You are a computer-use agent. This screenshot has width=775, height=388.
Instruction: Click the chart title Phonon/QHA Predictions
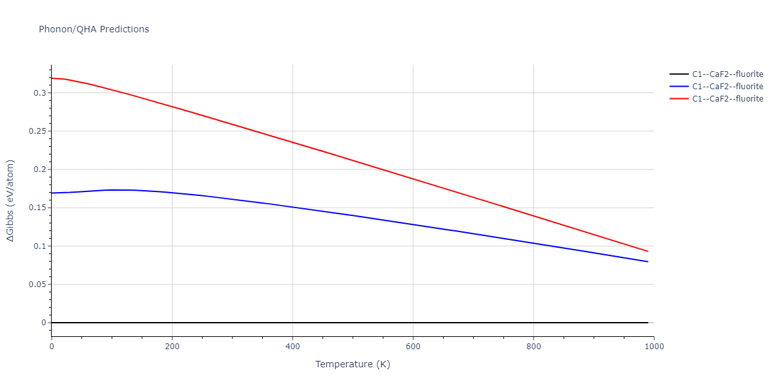click(x=94, y=29)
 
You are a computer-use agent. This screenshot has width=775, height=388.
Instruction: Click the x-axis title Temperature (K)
click(x=353, y=364)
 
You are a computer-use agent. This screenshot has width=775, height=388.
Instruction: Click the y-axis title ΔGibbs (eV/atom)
click(x=11, y=200)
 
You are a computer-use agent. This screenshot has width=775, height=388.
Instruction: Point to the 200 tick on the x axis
click(x=172, y=346)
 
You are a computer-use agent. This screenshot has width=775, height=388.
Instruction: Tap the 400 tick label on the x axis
click(x=293, y=346)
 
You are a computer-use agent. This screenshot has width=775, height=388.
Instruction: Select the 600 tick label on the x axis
click(x=413, y=346)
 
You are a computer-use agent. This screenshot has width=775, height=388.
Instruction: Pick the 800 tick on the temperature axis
click(x=533, y=346)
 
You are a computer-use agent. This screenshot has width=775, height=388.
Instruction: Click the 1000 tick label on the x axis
click(x=654, y=346)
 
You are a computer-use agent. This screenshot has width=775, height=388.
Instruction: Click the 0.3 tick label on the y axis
click(x=39, y=93)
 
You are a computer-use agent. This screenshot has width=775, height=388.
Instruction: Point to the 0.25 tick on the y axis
click(x=37, y=131)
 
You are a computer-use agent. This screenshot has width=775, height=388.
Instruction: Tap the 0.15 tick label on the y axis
click(x=37, y=208)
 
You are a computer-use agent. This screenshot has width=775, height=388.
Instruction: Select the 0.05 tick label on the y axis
click(x=37, y=285)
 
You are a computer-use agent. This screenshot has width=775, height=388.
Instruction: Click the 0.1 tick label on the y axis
click(x=39, y=246)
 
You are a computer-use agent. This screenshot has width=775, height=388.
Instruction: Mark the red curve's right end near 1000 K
click(x=647, y=252)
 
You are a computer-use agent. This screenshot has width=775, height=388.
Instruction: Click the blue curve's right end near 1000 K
click(x=647, y=262)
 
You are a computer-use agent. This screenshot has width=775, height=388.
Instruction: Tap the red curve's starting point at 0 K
click(x=52, y=78)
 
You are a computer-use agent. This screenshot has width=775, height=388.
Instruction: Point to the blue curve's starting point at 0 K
click(x=52, y=193)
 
